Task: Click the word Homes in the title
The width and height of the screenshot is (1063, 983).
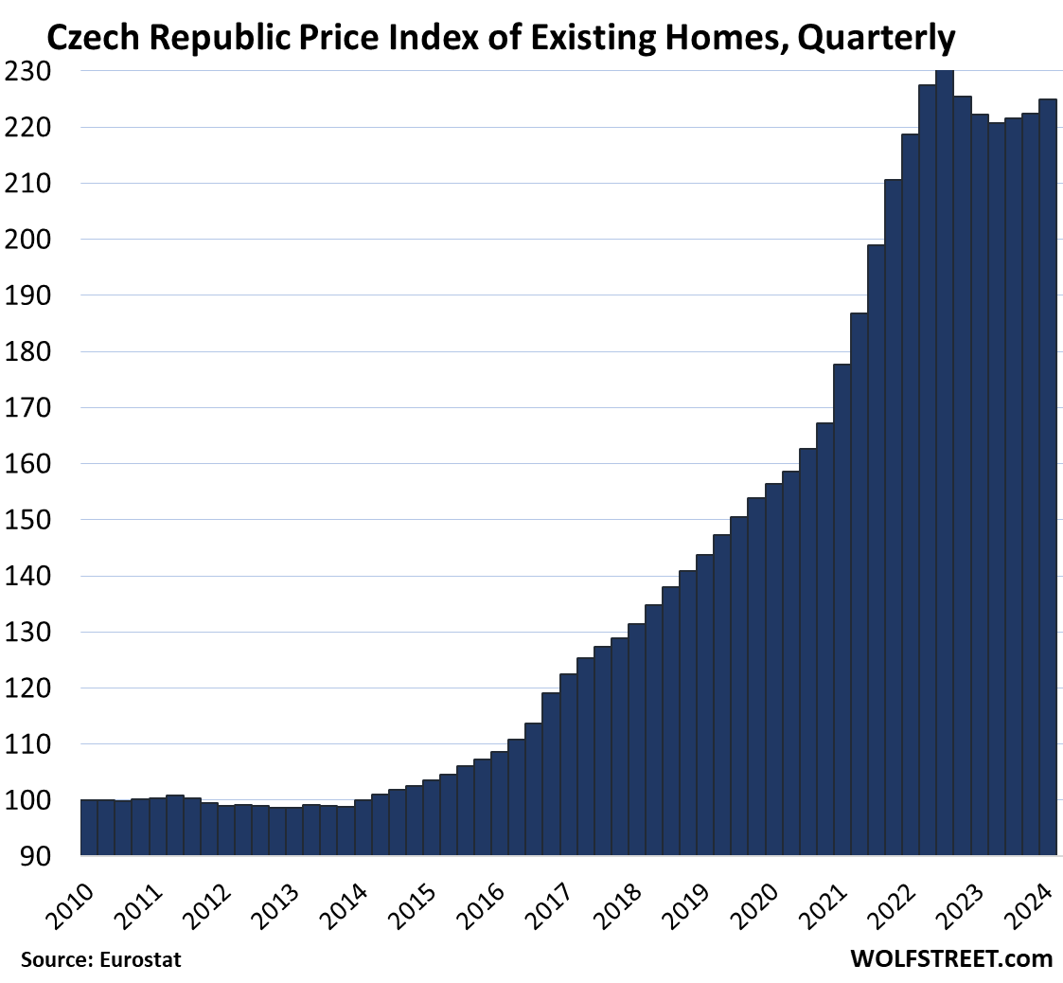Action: tap(702, 38)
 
